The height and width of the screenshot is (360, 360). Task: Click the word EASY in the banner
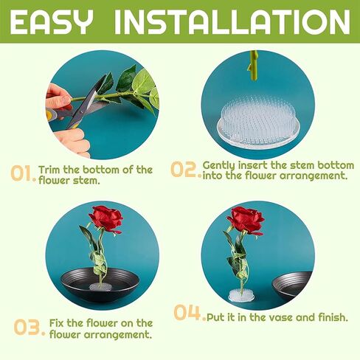[x=52, y=22]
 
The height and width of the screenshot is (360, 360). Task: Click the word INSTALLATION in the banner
[x=232, y=22]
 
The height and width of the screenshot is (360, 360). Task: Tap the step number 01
[x=23, y=173]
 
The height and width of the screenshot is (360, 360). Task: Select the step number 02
[x=186, y=169]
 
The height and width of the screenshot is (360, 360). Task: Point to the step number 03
[x=30, y=327]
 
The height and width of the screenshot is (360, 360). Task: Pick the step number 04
[x=189, y=313]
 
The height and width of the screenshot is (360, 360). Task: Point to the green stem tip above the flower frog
[x=253, y=66]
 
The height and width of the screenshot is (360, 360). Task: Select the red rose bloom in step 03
[x=106, y=219]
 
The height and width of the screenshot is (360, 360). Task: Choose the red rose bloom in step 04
[x=246, y=220]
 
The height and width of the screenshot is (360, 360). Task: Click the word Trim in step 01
[x=49, y=170]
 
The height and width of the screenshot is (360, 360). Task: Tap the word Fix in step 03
[x=57, y=323]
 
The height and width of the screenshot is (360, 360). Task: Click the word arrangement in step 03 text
[x=117, y=335]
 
